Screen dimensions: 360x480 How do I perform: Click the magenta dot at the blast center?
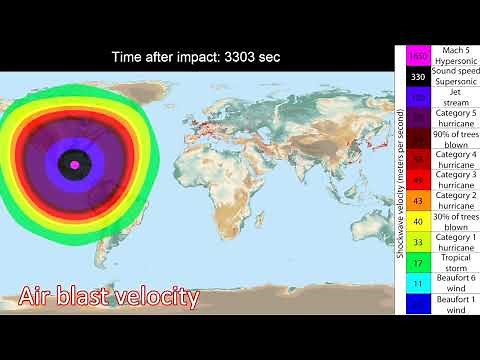tap(75, 164)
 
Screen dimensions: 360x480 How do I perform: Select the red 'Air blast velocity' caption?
tap(108, 297)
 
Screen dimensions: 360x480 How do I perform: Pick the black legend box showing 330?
tap(418, 76)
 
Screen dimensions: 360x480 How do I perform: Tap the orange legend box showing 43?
tap(418, 200)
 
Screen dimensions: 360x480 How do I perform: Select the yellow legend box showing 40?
tap(418, 220)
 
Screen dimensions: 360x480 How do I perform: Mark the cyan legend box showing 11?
tap(418, 284)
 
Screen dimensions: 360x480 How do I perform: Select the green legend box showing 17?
tap(418, 263)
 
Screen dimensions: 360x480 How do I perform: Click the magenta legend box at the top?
tap(418, 55)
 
